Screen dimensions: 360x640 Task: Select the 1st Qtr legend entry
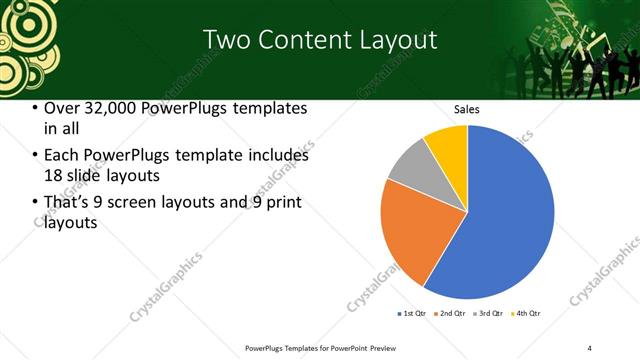(411, 314)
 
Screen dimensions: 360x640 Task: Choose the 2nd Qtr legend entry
(451, 314)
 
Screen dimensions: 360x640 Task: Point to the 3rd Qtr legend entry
(490, 314)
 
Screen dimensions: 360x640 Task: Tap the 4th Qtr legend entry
(527, 314)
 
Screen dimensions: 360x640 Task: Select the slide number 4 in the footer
(590, 347)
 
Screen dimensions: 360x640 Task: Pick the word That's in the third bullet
(69, 204)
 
